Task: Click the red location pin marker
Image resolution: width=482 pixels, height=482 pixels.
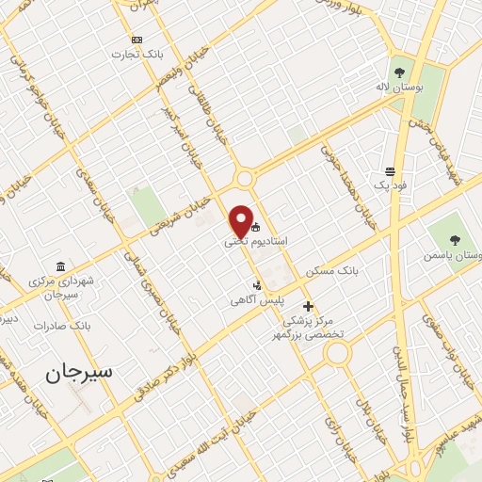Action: click(242, 220)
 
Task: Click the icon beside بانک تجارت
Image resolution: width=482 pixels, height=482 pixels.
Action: click(137, 40)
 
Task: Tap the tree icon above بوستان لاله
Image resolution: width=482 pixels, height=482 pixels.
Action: click(399, 71)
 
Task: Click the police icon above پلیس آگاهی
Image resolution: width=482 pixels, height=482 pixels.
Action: click(256, 285)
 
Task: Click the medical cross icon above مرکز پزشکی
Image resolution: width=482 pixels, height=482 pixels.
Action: click(308, 306)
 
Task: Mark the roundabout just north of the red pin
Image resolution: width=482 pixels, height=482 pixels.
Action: click(245, 178)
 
